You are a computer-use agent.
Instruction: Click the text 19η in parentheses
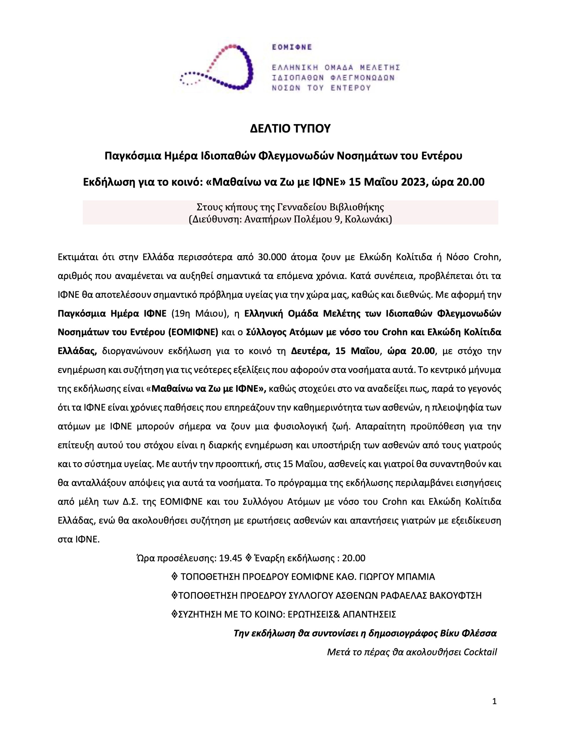tap(180, 313)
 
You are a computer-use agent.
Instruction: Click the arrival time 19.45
tap(230, 558)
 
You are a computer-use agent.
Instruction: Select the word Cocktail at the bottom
tap(480, 652)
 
